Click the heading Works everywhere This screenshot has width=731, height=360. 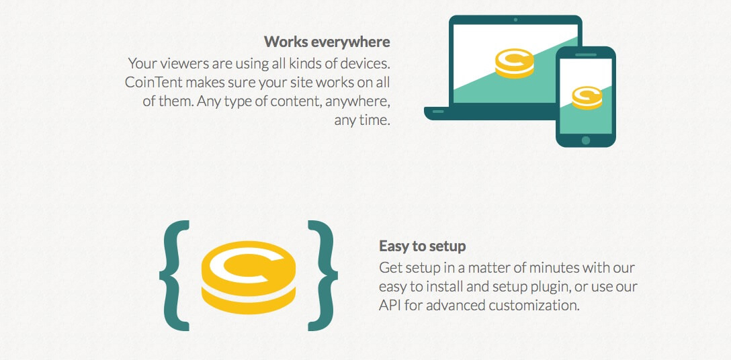point(327,42)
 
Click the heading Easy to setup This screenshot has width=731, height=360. point(422,246)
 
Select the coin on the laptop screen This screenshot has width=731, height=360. point(514,62)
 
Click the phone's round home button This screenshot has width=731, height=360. point(586,140)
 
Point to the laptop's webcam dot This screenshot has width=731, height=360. point(515,20)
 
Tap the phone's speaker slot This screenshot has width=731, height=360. point(586,54)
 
